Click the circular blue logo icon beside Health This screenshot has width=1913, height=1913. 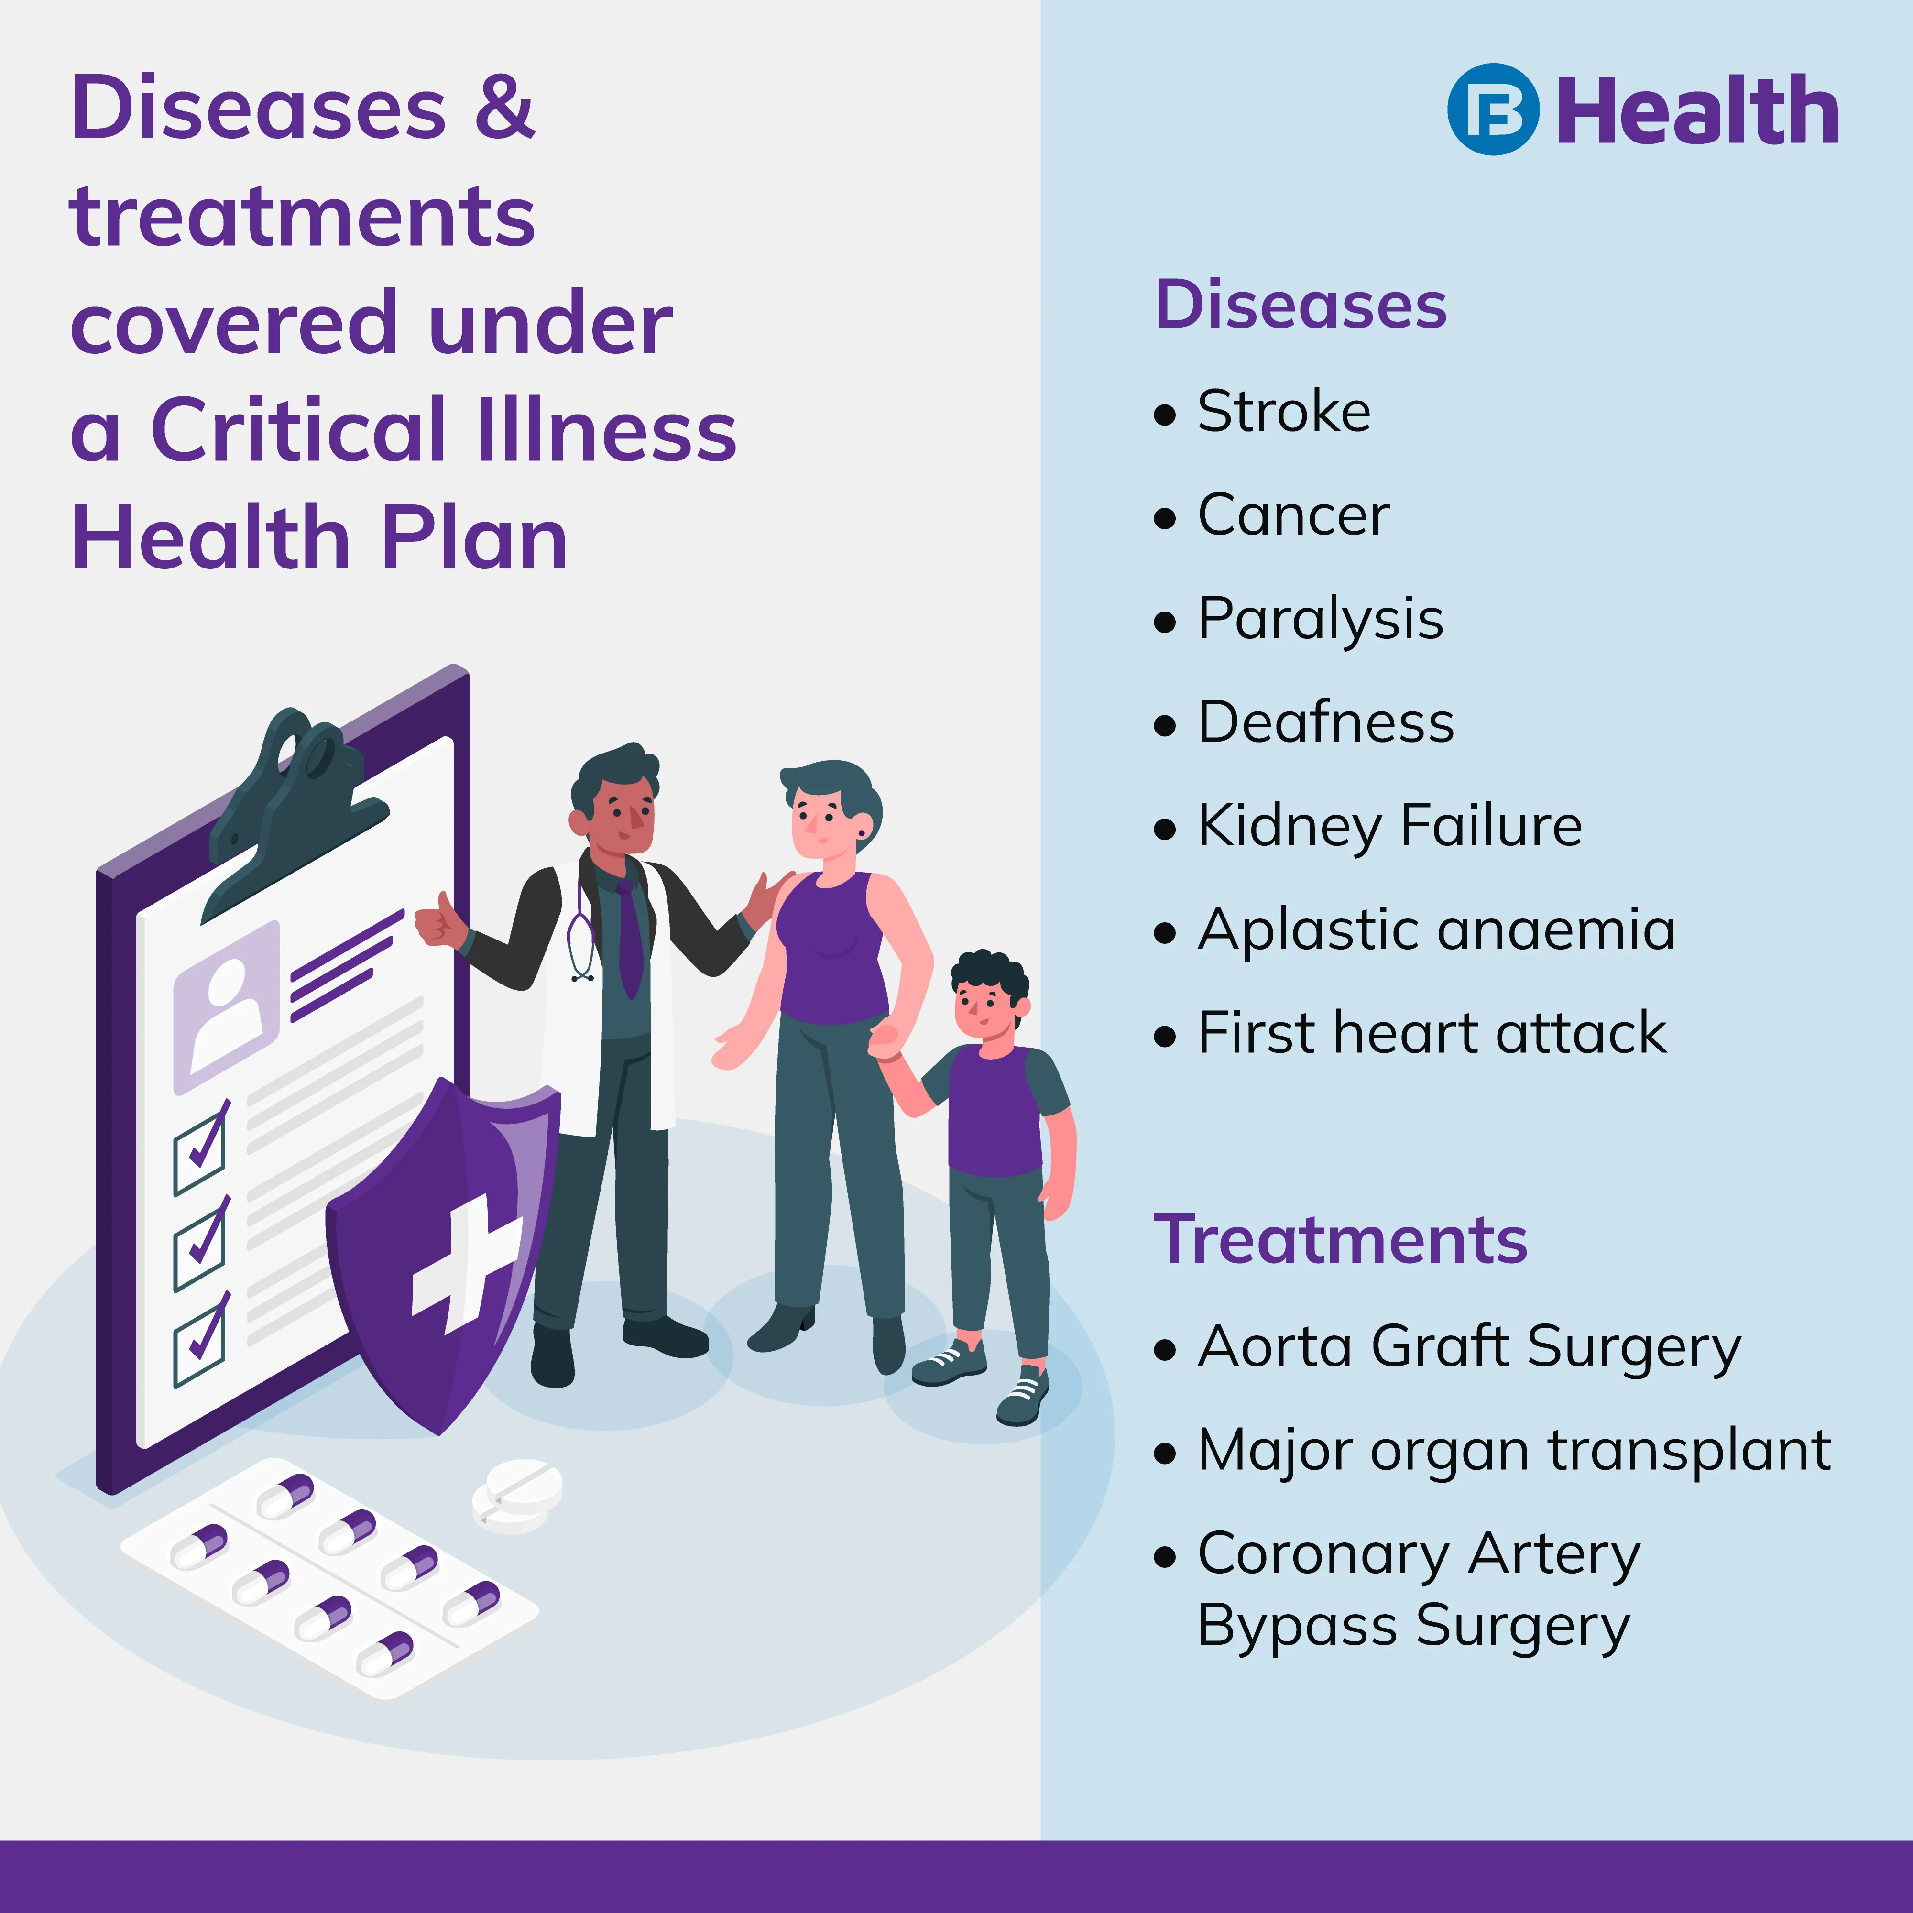click(x=1493, y=109)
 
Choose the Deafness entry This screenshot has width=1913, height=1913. click(x=1326, y=722)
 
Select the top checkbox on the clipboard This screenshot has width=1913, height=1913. click(x=201, y=1148)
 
